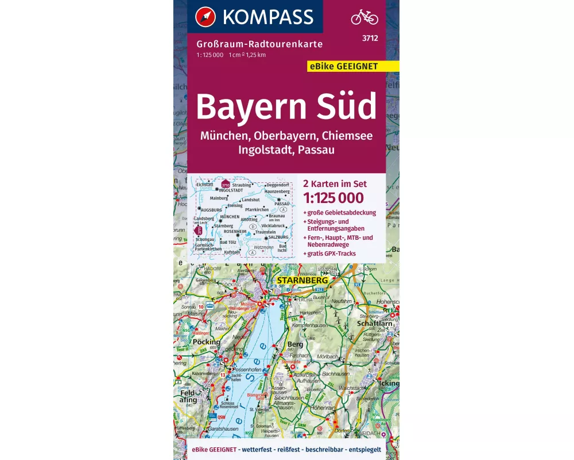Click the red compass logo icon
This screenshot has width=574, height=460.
[205, 17]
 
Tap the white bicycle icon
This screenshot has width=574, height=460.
[364, 17]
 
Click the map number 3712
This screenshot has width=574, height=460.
[370, 39]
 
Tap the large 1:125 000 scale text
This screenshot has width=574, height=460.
[333, 198]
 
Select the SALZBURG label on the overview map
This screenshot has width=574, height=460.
[278, 237]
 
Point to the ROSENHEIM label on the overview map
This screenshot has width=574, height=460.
[235, 231]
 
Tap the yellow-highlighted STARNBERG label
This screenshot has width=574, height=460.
[302, 281]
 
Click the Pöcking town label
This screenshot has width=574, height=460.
[207, 342]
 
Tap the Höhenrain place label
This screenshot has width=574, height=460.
[323, 408]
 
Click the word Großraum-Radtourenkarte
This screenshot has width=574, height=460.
[259, 44]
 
